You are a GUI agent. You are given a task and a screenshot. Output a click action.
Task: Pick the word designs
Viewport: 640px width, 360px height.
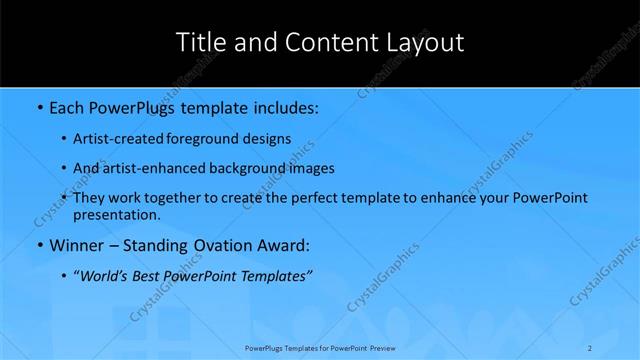pyautogui.click(x=269, y=138)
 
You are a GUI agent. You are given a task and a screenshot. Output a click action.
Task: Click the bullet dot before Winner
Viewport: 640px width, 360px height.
pyautogui.click(x=38, y=245)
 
